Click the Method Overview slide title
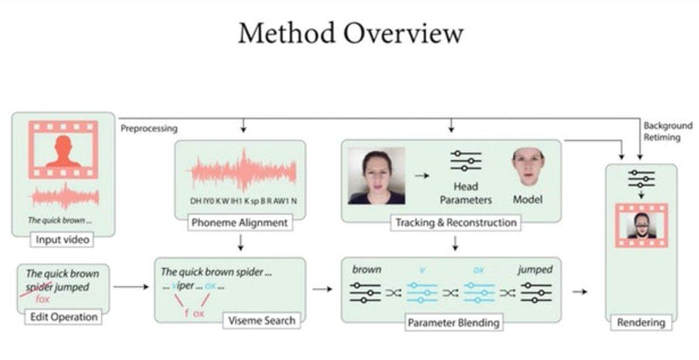point(350,33)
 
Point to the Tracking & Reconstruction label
point(456,222)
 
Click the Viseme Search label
point(260,319)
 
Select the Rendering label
point(641,322)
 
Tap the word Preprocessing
point(149,129)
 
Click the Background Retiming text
point(668,132)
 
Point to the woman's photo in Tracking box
point(376,175)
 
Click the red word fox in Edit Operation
point(43,299)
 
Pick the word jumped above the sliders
point(534,270)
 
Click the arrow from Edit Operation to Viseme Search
point(131,287)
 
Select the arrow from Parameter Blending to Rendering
point(580,291)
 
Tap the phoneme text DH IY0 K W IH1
point(216,201)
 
